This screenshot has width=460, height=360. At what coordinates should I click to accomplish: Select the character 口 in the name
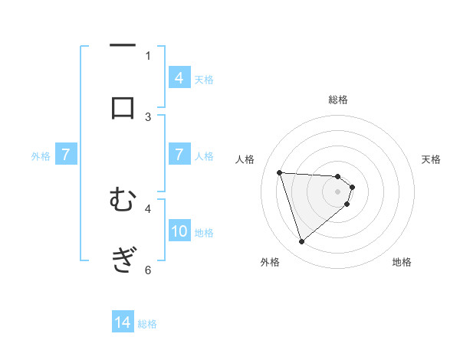pos(123,106)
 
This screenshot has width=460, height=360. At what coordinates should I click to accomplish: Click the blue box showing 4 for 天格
pos(179,77)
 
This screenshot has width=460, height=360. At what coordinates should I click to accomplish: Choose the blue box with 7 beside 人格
pos(179,155)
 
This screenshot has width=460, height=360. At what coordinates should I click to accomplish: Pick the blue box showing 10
pos(179,231)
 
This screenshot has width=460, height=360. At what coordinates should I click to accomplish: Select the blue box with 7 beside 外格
pos(66,155)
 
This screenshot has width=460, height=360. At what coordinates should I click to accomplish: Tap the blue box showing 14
pos(123,322)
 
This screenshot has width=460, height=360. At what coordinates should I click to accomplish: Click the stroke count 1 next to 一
pos(148,55)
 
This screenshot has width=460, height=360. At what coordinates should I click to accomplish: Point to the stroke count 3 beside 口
pos(148,116)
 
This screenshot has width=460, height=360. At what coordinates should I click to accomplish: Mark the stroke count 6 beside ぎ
pos(148,270)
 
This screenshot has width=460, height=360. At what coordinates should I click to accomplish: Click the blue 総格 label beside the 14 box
pos(147,324)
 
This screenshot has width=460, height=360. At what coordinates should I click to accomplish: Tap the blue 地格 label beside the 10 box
pos(204,233)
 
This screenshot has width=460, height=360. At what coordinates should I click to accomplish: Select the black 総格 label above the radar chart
pos(338,100)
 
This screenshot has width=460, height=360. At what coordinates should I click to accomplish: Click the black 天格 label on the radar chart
pos(432,159)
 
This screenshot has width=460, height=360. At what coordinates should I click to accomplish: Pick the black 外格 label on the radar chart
pos(270,262)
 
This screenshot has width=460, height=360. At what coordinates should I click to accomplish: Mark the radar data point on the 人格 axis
pos(280,172)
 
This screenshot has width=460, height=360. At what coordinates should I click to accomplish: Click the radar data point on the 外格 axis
pos(302,242)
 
